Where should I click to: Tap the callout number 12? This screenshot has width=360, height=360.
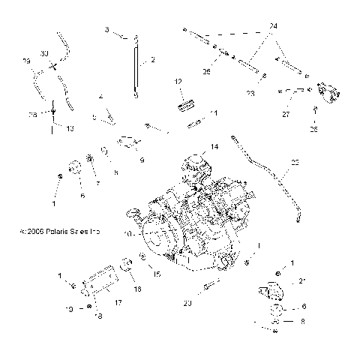click(x=178, y=81)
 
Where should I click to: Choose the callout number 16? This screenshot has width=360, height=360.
click(x=137, y=288)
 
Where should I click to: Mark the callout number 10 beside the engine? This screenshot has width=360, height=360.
click(x=128, y=234)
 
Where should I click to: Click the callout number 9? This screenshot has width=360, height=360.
click(x=142, y=159)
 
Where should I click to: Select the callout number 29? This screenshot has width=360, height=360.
click(x=27, y=60)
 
